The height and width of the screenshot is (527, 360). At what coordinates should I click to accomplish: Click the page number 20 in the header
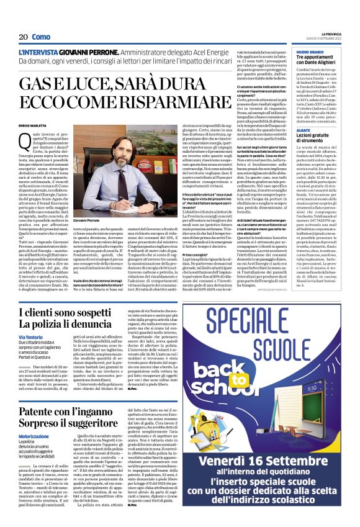[x=23, y=37]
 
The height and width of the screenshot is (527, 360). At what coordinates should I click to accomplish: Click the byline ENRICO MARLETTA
[x=33, y=126]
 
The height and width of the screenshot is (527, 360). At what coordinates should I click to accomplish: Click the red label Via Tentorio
[x=31, y=336]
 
